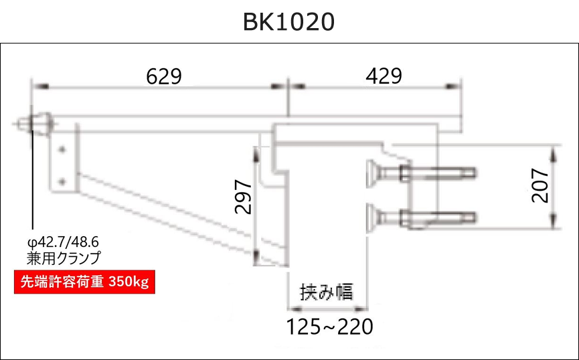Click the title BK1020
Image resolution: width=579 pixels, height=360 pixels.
(x=288, y=22)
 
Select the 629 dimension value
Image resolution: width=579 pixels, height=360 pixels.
(x=164, y=76)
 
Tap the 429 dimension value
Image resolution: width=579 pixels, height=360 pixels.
(x=384, y=76)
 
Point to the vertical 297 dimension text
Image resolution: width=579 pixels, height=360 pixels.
(x=244, y=196)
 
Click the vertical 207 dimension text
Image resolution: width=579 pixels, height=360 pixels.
(x=540, y=185)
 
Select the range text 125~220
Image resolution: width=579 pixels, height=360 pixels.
(x=329, y=327)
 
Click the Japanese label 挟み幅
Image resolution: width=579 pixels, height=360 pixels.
(x=326, y=292)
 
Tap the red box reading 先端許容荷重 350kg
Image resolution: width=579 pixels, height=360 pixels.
(x=84, y=282)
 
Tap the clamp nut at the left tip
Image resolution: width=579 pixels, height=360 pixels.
(x=40, y=124)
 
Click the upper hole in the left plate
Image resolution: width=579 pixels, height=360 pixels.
(x=62, y=150)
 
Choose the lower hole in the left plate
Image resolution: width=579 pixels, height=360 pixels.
(x=62, y=180)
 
